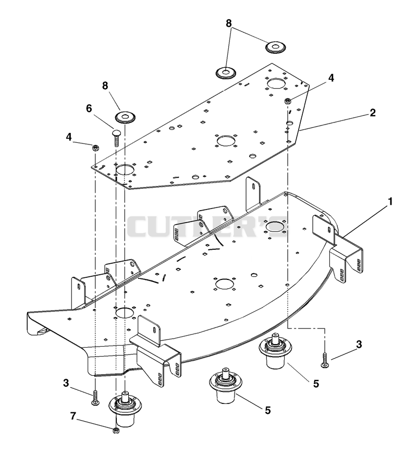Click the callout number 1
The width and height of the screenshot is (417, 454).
(390, 202)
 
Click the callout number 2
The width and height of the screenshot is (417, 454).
(373, 113)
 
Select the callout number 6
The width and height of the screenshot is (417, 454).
(89, 108)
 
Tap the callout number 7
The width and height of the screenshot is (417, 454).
(73, 416)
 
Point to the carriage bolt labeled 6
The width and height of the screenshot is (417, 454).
(117, 138)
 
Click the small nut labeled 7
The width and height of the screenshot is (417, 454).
(116, 431)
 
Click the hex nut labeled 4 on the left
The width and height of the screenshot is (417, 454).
(95, 148)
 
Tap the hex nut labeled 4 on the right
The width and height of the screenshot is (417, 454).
(288, 101)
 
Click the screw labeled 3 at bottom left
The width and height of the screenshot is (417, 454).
(95, 398)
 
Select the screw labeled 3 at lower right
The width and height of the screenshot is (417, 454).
(325, 360)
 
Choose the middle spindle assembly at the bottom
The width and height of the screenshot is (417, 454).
(226, 386)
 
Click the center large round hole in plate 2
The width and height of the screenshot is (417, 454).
(226, 141)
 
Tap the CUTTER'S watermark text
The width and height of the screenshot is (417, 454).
(207, 226)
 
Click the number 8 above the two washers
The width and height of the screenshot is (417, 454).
(229, 23)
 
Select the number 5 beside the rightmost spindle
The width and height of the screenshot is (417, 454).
(316, 384)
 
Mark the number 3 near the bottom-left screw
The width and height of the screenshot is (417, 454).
(66, 383)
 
